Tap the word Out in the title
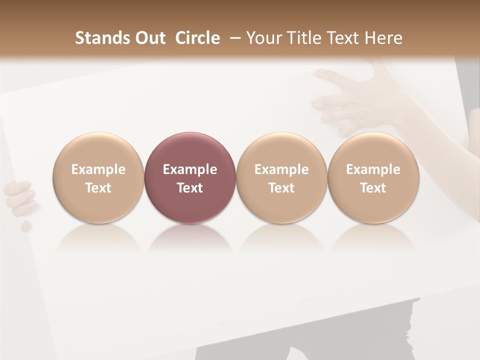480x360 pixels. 149,38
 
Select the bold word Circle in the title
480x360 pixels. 197,38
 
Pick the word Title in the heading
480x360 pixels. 305,38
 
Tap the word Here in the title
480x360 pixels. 384,38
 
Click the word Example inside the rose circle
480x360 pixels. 190,169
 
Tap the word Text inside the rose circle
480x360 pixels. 190,188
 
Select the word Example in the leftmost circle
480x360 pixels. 98,169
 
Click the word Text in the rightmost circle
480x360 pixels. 373,188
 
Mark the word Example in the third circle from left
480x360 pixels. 281,169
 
